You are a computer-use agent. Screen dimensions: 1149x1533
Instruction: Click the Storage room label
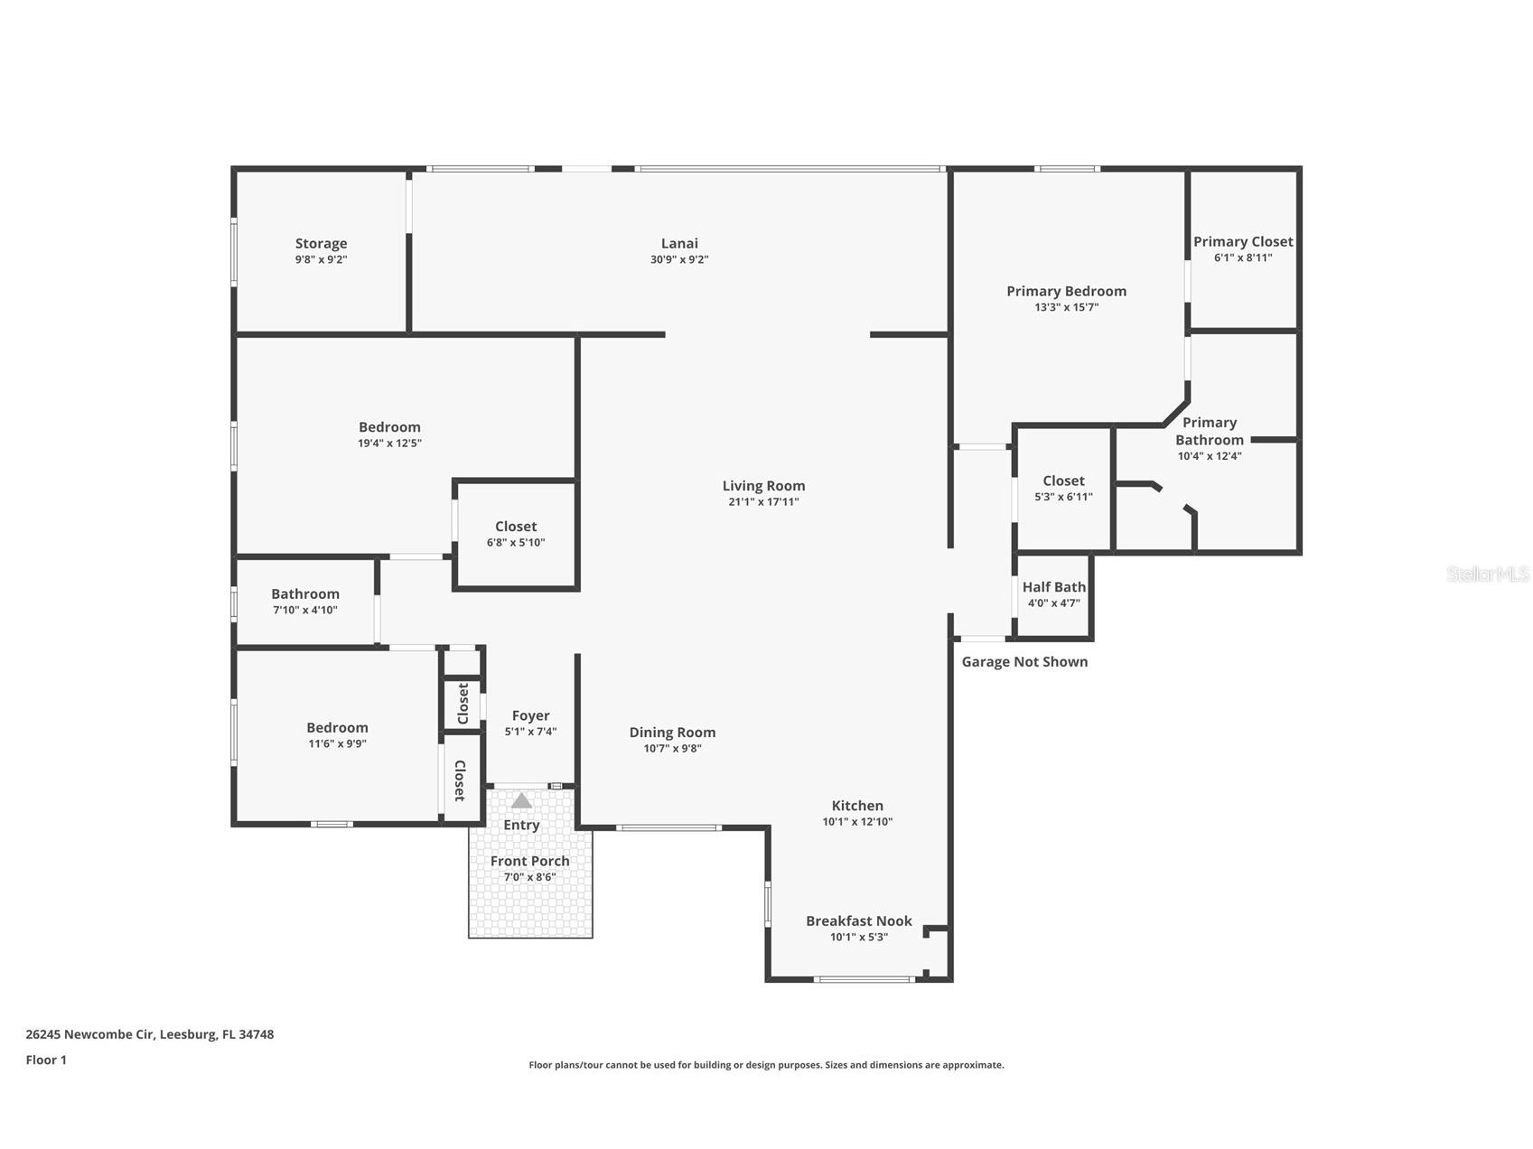[321, 243]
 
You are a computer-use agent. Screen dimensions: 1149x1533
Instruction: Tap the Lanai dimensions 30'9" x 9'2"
[679, 260]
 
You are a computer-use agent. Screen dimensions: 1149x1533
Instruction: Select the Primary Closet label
[1243, 241]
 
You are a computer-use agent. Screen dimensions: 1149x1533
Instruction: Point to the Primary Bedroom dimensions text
[1066, 307]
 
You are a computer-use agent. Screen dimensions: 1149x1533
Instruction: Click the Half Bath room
[1053, 594]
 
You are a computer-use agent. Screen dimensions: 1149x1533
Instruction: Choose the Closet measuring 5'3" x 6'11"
[1063, 488]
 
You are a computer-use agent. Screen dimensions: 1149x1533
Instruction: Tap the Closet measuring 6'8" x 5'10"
[516, 533]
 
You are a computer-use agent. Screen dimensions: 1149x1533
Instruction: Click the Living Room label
[763, 486]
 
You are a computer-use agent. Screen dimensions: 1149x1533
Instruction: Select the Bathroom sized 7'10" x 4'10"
[305, 601]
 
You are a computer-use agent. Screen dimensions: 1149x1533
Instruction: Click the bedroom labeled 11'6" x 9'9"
[337, 734]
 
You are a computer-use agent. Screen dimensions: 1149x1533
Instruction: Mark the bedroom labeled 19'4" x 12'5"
[389, 434]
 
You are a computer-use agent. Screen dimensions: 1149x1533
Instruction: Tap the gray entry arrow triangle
[521, 801]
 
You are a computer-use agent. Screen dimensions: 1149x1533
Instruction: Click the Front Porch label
[529, 861]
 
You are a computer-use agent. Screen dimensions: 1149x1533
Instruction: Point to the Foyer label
[530, 715]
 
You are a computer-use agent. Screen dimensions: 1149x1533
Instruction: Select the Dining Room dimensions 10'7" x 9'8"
[672, 749]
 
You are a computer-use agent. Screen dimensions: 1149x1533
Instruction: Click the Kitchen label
[857, 806]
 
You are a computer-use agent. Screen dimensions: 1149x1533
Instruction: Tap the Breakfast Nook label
[858, 920]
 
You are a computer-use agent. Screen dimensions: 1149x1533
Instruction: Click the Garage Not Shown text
[1024, 662]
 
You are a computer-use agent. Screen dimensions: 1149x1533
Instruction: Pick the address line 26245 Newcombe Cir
[149, 1034]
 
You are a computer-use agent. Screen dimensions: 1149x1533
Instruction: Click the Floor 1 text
[46, 1060]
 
